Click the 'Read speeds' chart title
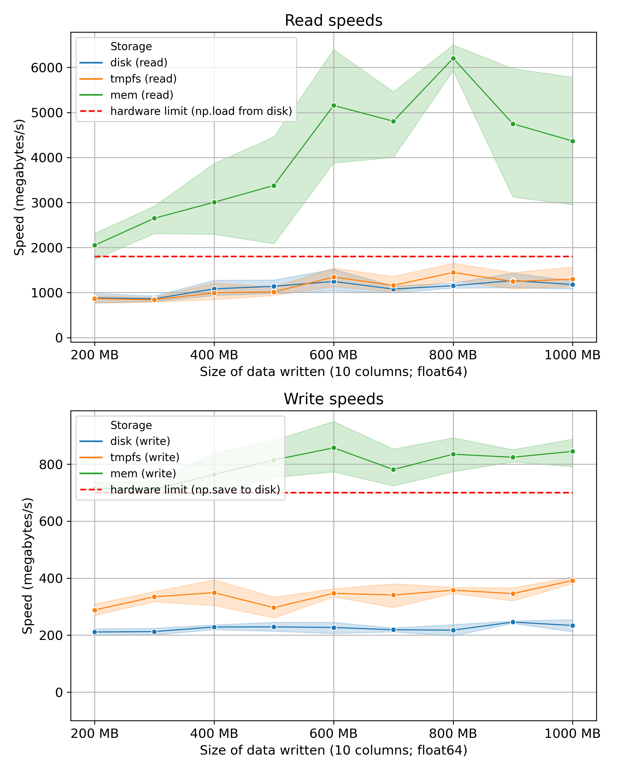pos(333,21)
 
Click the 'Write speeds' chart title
pos(333,399)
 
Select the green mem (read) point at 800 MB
pos(453,58)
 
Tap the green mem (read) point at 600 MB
pos(334,105)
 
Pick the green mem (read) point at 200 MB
pos(95,245)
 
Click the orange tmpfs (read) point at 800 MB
pos(453,272)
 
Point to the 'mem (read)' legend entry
pos(142,95)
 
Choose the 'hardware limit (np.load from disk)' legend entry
pos(201,111)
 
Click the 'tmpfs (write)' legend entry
pos(144,457)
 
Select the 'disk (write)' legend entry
pos(140,441)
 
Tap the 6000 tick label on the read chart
pos(47,68)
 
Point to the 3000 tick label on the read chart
pos(47,203)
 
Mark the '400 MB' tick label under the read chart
pos(214,355)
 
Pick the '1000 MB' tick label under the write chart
pos(572,733)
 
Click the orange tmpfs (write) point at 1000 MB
pos(572,581)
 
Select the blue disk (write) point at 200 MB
pos(95,632)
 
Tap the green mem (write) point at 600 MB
pos(334,448)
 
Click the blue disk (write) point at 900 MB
pos(513,622)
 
